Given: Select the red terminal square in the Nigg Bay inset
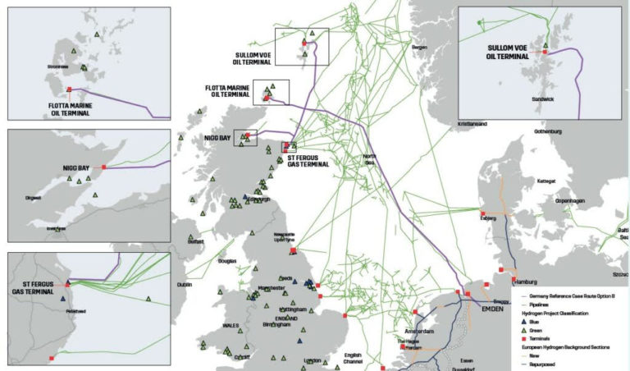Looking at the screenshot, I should [x=104, y=167].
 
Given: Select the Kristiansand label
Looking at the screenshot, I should [x=472, y=124].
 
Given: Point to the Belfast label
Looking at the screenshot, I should [x=195, y=242].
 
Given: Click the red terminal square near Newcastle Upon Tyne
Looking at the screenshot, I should [x=294, y=252].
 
